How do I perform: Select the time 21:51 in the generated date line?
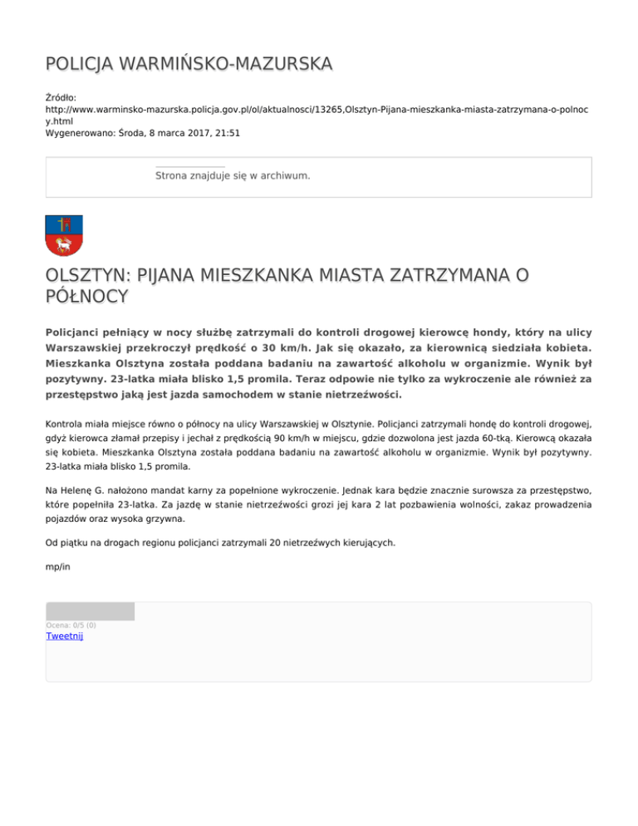click(x=225, y=131)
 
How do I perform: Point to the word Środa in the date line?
click(x=135, y=131)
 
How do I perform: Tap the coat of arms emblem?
click(x=63, y=236)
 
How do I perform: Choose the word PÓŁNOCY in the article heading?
click(x=87, y=296)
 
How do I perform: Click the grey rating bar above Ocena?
click(x=90, y=612)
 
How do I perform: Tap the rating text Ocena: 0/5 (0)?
click(x=71, y=625)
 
